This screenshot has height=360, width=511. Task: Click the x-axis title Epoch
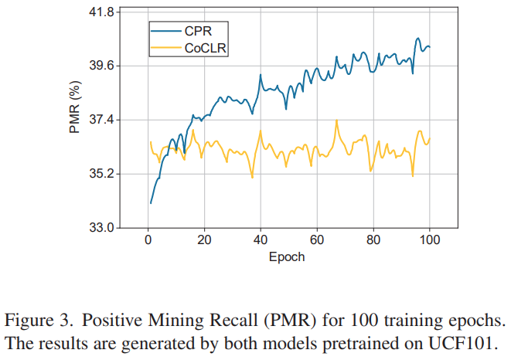tap(286, 256)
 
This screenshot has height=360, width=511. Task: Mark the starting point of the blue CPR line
tap(151, 203)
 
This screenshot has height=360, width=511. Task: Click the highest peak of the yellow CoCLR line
tap(336, 120)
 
